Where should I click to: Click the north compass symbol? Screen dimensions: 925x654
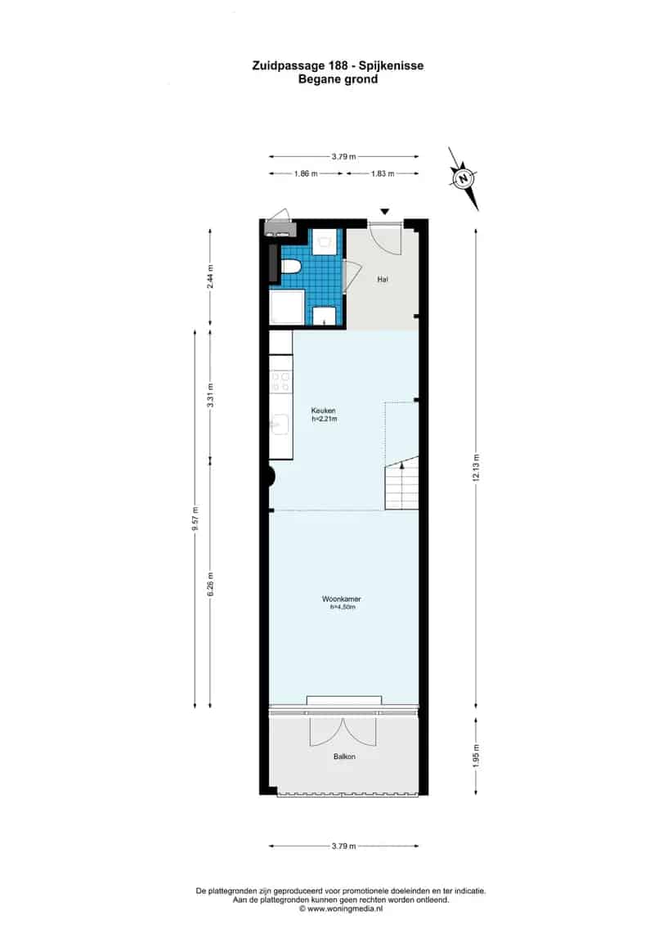pos(464,177)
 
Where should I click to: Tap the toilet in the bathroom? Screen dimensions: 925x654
pos(290,267)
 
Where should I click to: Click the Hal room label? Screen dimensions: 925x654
pos(382,280)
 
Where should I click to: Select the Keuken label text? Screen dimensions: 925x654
pos(324,411)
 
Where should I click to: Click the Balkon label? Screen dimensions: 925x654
pos(344,757)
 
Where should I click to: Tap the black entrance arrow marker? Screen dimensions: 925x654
pos(385,212)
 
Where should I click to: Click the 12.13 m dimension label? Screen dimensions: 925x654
pos(476,469)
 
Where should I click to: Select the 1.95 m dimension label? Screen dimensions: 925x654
pos(476,752)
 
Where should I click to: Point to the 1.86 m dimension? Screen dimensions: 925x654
pos(305,173)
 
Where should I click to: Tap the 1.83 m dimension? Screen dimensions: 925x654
pos(383,173)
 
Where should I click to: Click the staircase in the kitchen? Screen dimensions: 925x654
pos(401,483)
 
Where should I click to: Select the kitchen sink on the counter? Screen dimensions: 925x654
pos(280,424)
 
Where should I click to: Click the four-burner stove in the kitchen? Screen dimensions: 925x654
pos(280,384)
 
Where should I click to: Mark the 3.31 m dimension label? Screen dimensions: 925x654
pos(210,397)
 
